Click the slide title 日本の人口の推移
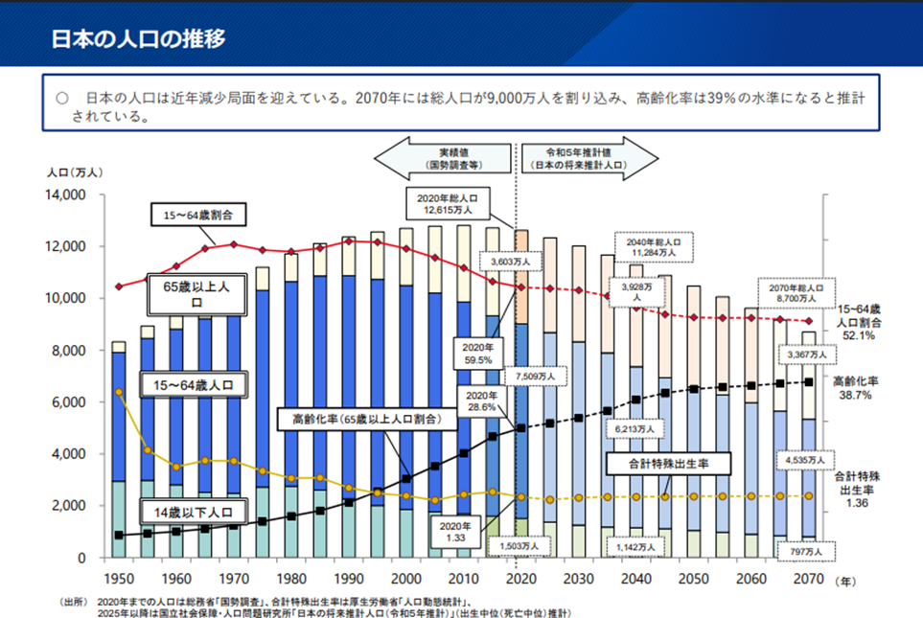(x=138, y=38)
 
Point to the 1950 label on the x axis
(x=119, y=580)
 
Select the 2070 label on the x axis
(x=810, y=580)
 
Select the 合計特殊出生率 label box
(x=669, y=465)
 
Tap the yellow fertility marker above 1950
(x=119, y=392)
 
